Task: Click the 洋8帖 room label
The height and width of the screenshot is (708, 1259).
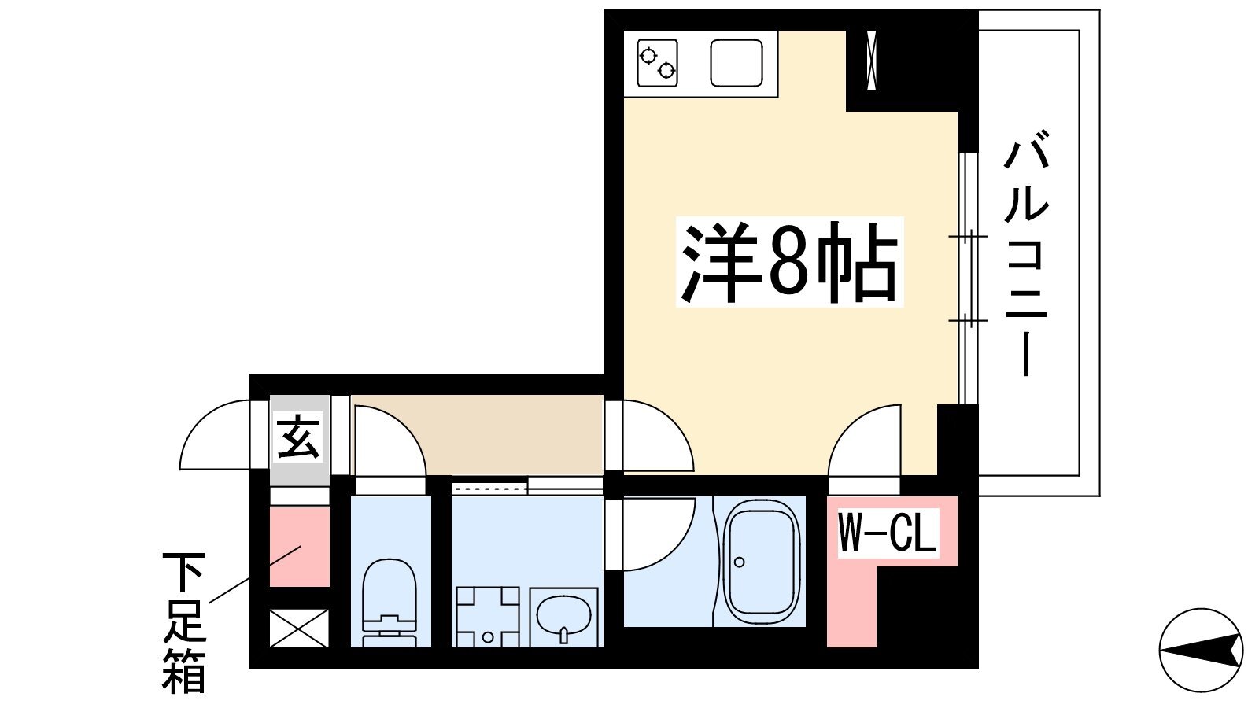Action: coord(789,262)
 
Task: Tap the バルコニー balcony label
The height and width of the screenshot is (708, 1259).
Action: coord(1026,253)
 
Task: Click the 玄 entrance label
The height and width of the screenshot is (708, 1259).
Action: coord(298,437)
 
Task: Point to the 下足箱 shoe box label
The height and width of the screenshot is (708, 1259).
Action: coord(184,622)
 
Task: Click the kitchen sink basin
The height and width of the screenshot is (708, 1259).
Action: coord(737,63)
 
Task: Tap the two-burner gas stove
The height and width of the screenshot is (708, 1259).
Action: coord(658,63)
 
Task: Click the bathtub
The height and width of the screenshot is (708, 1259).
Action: coord(761,562)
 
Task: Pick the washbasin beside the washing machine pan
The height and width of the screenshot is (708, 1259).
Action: coord(563,617)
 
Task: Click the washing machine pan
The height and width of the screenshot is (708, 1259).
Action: coord(487,617)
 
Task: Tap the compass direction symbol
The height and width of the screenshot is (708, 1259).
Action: coord(1201,650)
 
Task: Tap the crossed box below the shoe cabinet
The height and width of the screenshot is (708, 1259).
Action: coord(299,629)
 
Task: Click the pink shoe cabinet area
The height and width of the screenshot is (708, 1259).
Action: coord(299,546)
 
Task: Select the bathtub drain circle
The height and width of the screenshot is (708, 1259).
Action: coord(739,562)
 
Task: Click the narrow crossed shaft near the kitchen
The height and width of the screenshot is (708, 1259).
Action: coord(872,60)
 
